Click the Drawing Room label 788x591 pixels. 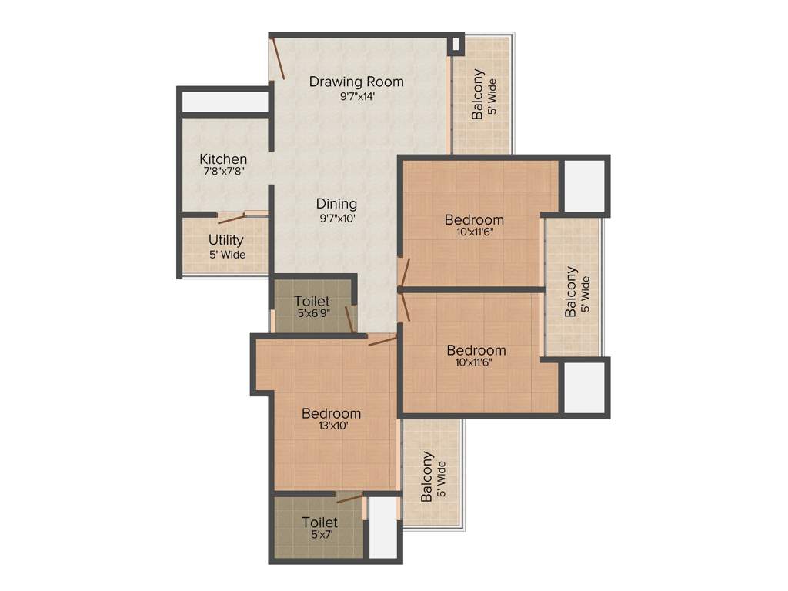pyautogui.click(x=356, y=82)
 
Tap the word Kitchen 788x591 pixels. pyautogui.click(x=223, y=159)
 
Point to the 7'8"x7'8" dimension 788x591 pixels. pyautogui.click(x=223, y=173)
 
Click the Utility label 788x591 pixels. pyautogui.click(x=226, y=241)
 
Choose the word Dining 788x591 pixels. pyautogui.click(x=336, y=204)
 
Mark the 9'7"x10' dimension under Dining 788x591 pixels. pyautogui.click(x=336, y=218)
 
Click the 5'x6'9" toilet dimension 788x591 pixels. pyautogui.click(x=312, y=314)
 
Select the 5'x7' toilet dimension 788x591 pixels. pyautogui.click(x=319, y=535)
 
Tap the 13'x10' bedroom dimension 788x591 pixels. pyautogui.click(x=331, y=426)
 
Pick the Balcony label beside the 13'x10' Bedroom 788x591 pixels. pyautogui.click(x=427, y=477)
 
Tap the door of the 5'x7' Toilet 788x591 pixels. pyautogui.click(x=349, y=498)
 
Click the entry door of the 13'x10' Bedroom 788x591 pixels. pyautogui.click(x=382, y=340)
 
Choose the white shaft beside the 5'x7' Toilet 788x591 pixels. pyautogui.click(x=382, y=528)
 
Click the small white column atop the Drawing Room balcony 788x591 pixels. pyautogui.click(x=456, y=44)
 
